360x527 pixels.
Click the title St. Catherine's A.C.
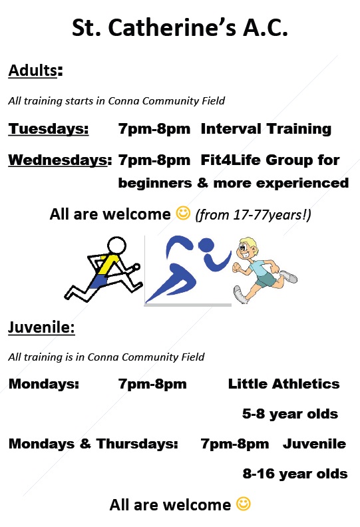tap(180, 27)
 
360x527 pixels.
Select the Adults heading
tap(36, 71)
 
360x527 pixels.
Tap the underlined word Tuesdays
tap(49, 128)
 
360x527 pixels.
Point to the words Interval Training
tap(266, 128)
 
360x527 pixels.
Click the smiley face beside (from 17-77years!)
tap(183, 213)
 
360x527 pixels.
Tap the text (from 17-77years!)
tap(253, 214)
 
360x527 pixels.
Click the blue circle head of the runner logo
tap(206, 245)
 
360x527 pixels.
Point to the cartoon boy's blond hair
tap(250, 243)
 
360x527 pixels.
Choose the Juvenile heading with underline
tap(41, 327)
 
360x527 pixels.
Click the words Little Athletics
tap(283, 384)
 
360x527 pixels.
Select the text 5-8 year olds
tap(290, 414)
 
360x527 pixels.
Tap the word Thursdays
tap(137, 444)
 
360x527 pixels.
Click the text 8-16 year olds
tap(295, 474)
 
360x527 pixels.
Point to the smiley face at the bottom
tap(244, 504)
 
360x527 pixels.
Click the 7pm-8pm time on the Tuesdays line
tap(154, 128)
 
